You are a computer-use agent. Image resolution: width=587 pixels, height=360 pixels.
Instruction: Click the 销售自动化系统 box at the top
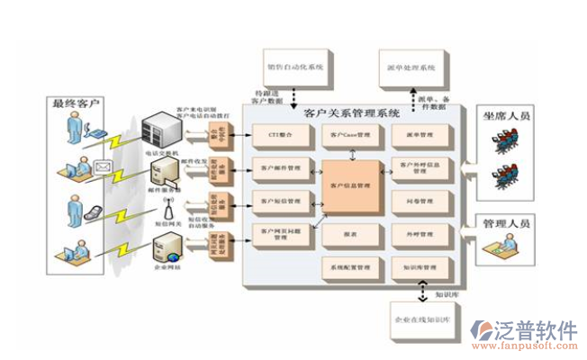click(x=293, y=66)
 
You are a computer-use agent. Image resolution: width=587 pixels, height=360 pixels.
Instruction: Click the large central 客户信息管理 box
click(x=351, y=186)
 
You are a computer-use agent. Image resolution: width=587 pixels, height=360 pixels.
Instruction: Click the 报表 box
click(x=351, y=235)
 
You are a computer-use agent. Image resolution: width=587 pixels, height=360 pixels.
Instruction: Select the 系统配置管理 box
click(x=351, y=267)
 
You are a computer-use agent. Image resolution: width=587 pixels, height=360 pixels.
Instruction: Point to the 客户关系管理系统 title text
click(x=351, y=113)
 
